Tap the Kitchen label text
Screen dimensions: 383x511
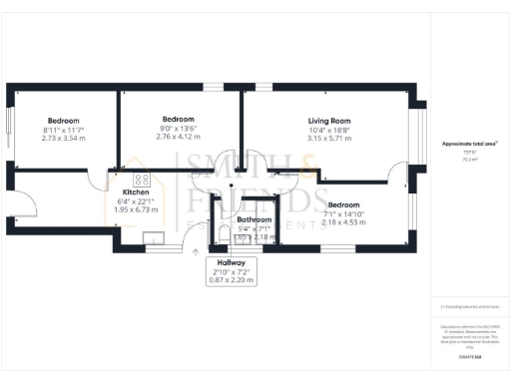[x=136, y=191]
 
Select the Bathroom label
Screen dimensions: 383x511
[x=255, y=218]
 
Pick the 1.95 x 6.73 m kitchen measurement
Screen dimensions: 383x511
[x=136, y=209]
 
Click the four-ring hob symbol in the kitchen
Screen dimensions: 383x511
[x=142, y=181]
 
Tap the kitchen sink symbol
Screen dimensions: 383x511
[x=156, y=237]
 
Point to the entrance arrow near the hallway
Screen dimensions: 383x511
[x=196, y=250]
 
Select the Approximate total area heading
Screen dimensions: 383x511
[x=469, y=144]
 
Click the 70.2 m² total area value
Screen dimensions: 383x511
[x=468, y=158]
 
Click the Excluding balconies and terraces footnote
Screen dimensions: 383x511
[x=468, y=306]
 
